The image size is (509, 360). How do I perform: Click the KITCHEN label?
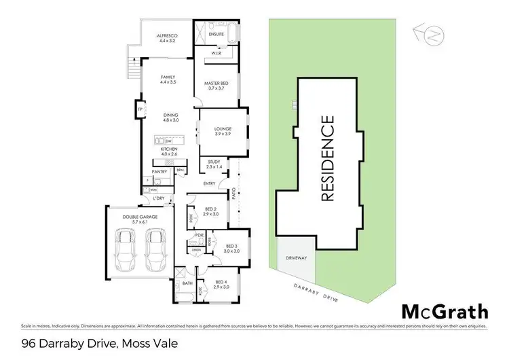point(169,152)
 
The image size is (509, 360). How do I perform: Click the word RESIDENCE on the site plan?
point(327,159)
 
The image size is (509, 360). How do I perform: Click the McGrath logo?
point(445,312)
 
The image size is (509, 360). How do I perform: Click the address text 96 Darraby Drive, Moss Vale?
point(90,344)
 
